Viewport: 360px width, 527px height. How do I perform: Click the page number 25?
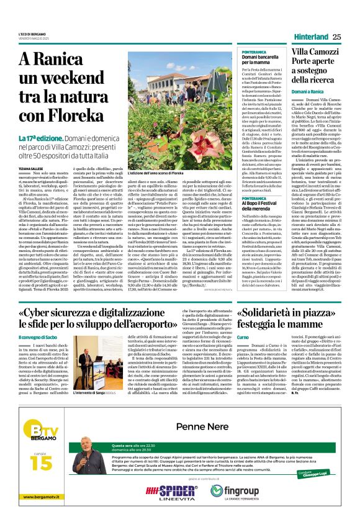tap(337, 37)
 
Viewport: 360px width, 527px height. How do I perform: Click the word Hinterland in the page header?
tap(309, 37)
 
